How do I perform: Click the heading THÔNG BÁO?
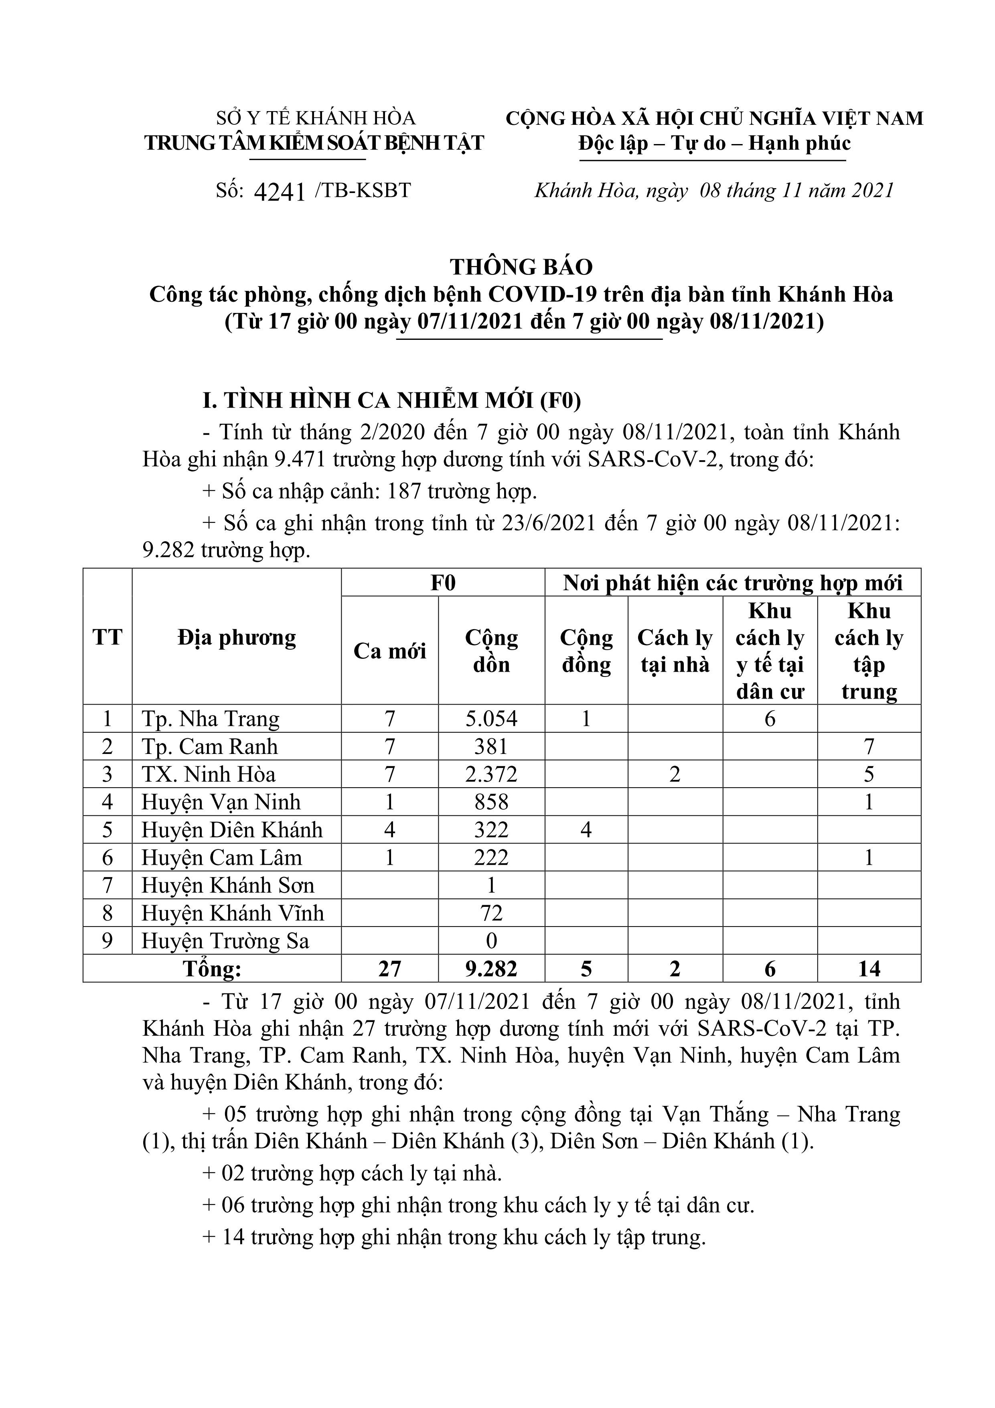click(522, 267)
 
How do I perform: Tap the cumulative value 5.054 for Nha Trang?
click(491, 718)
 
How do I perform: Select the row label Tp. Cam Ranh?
click(210, 746)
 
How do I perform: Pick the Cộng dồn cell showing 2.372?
click(491, 774)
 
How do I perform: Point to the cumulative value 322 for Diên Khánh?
click(491, 830)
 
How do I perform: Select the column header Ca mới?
click(389, 651)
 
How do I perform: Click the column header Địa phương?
click(237, 638)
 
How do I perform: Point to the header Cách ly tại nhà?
click(675, 651)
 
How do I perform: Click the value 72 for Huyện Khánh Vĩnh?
click(491, 913)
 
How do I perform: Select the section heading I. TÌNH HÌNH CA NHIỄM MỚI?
click(392, 400)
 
